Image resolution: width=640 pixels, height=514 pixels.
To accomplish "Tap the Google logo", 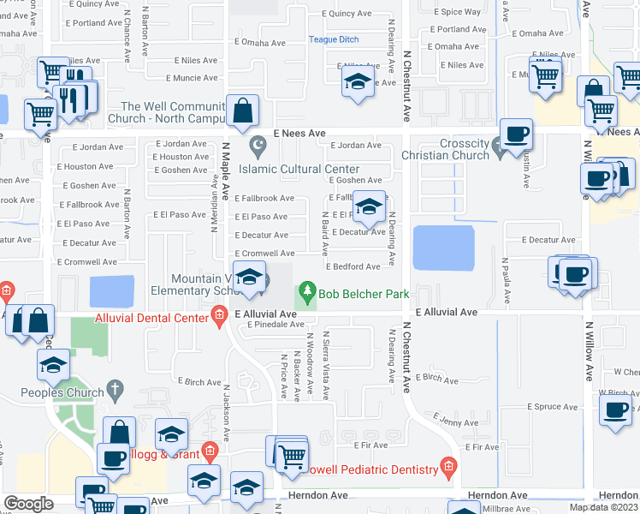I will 28,504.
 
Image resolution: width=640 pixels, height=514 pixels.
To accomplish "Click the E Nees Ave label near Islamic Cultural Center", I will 299,134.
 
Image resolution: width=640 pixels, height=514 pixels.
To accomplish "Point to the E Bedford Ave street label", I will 353,267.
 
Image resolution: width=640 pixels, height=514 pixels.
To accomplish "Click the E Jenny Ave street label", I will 451,420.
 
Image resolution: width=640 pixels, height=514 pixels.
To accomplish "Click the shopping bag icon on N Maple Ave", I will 243,110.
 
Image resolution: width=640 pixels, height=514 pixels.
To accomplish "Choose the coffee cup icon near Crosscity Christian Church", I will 516,134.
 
